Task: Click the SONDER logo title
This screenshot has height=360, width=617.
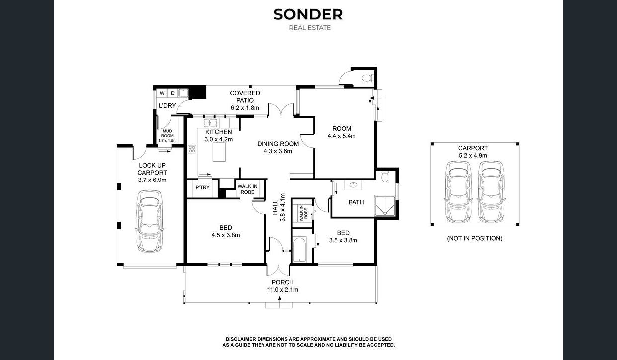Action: pos(308,14)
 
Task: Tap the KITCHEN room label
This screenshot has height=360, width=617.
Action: pos(218,132)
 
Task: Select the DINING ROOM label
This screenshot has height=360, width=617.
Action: pos(278,144)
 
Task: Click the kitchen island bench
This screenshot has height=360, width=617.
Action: pos(219,152)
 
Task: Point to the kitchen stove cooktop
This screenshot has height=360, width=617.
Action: pos(192,149)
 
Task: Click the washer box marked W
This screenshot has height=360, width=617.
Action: pos(162,93)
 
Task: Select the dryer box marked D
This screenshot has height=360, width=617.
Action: pos(173,93)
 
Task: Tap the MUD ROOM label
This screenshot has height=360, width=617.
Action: pos(167,133)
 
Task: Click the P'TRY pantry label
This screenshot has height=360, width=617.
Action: pos(202,187)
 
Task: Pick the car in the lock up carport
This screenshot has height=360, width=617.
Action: pos(150,221)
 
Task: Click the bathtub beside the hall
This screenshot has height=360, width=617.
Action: pos(299,249)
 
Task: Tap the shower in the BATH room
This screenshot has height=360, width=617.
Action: pos(385,206)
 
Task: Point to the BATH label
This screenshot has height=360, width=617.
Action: pos(356,202)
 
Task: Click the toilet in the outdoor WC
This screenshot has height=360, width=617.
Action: pos(367,78)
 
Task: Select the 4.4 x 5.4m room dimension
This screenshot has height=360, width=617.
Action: pos(342,136)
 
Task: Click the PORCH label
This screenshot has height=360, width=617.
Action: pos(282,282)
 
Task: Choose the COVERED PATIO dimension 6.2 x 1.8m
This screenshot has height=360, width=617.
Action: pos(245,108)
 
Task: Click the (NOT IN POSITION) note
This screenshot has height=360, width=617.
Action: pos(475,238)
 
